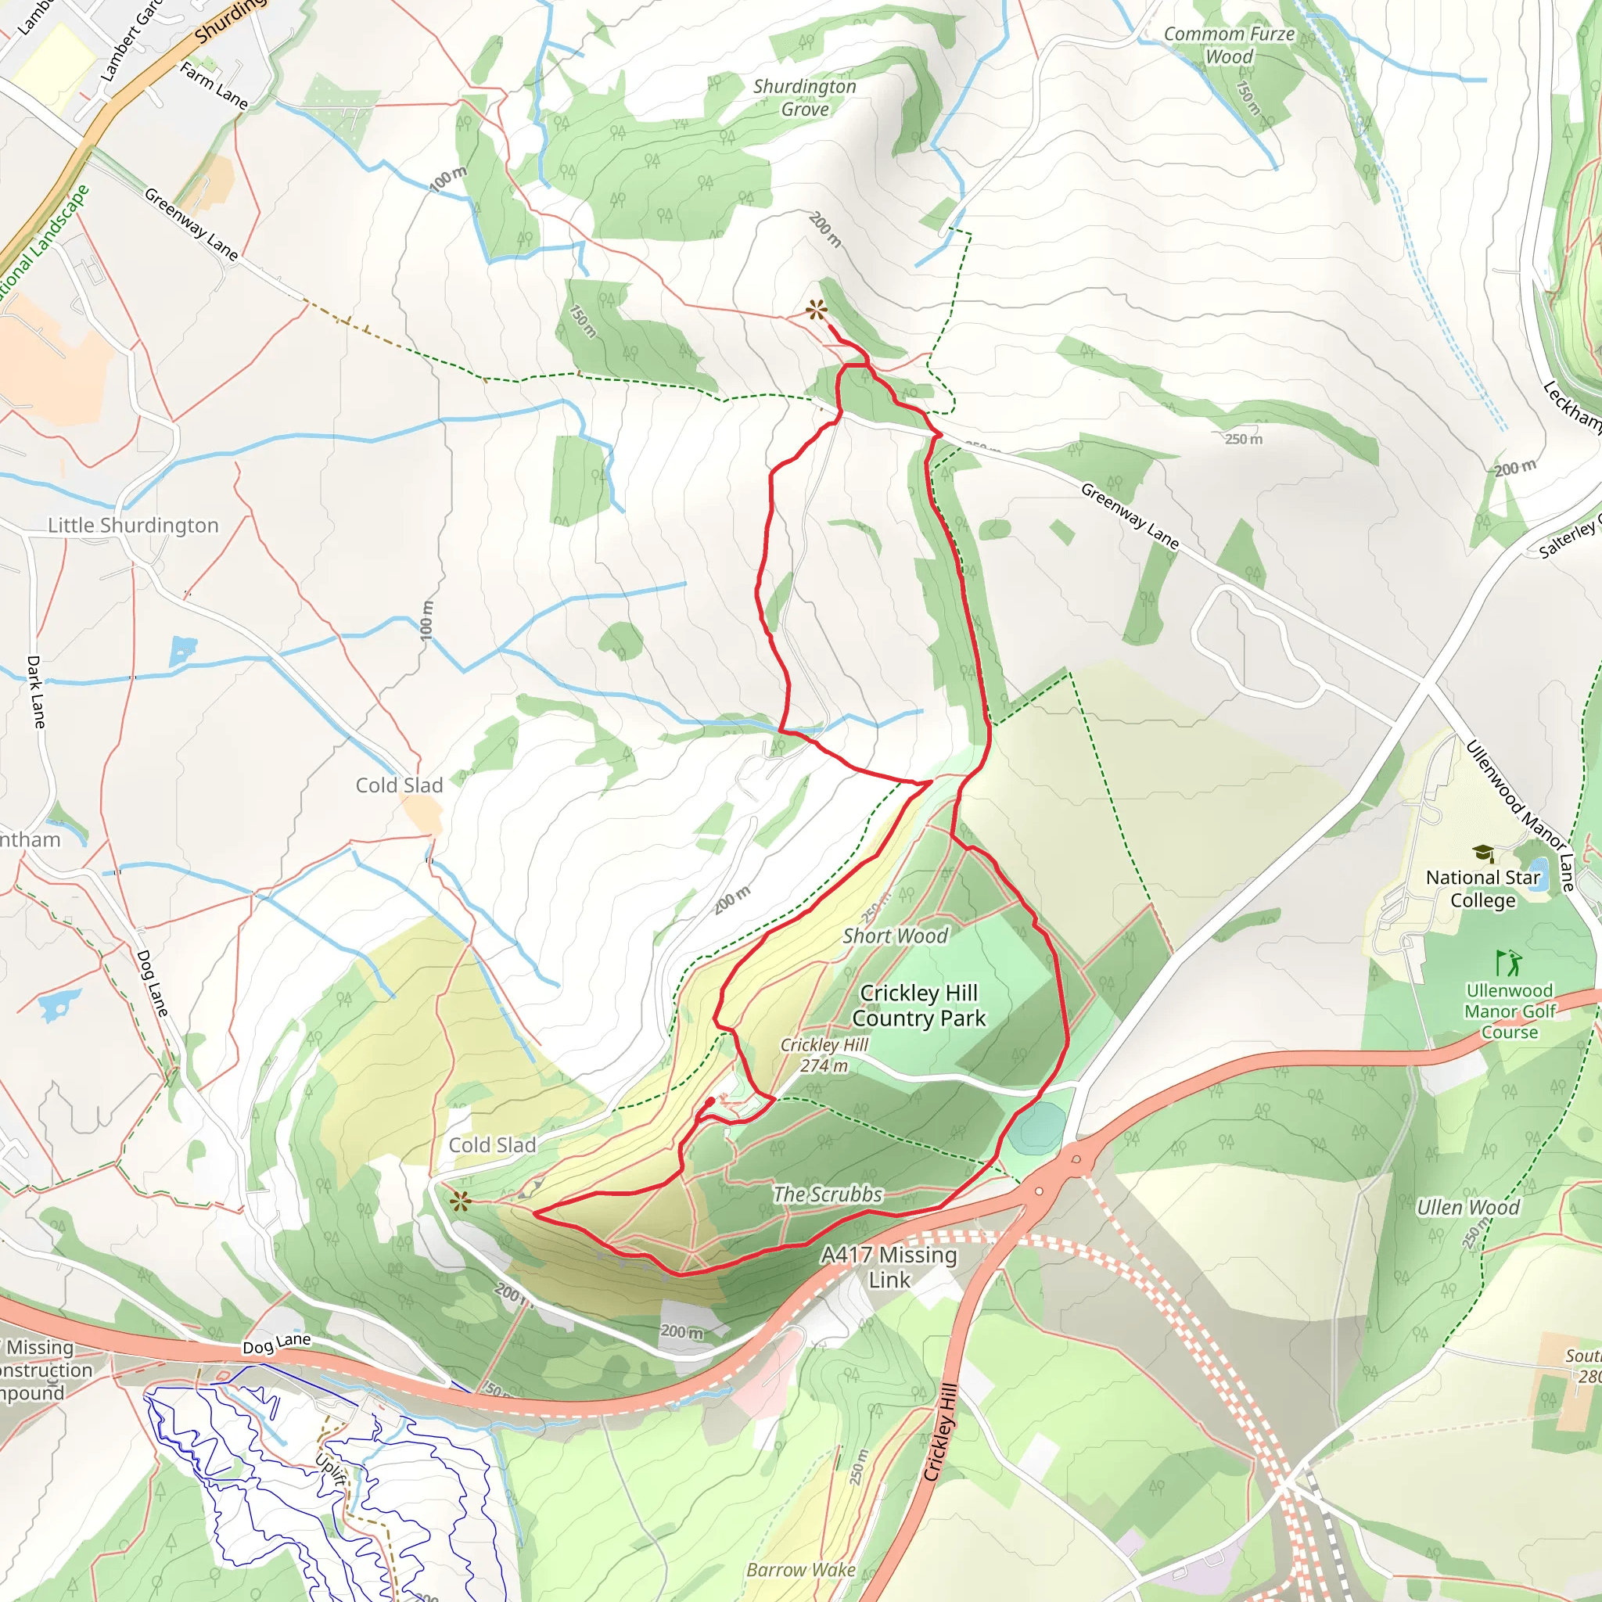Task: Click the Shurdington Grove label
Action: (x=804, y=98)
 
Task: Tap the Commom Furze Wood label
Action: (x=1229, y=45)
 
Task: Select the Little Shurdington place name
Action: (x=133, y=525)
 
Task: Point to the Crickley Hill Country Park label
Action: (x=919, y=1005)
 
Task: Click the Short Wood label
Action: (x=895, y=936)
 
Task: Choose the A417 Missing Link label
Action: (x=889, y=1267)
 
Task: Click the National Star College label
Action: (x=1482, y=888)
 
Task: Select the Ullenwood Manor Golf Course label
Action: (x=1509, y=1011)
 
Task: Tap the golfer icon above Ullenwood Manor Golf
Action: (x=1509, y=963)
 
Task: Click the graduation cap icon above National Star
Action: (x=1482, y=853)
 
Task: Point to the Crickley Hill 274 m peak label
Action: (x=824, y=1054)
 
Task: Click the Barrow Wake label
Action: (x=800, y=1570)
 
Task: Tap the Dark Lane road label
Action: (x=36, y=691)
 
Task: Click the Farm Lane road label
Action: (x=214, y=86)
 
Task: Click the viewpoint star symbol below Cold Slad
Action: (x=461, y=1201)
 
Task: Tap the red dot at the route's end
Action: (x=710, y=1101)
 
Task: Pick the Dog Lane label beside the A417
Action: (x=276, y=1343)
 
